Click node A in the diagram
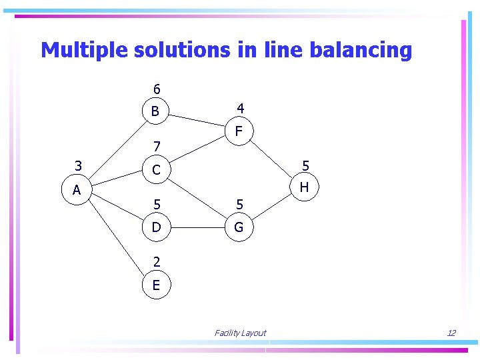coord(77,190)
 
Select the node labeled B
coord(155,111)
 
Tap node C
coord(156,170)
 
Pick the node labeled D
coord(156,227)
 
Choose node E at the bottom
coord(156,285)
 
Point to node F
coord(239,133)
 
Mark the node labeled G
coord(239,227)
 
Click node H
coord(304,187)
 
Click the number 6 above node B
coord(157,89)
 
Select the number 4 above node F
coord(240,108)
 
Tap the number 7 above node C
coord(156,146)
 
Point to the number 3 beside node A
coord(79,166)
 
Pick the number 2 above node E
coord(156,262)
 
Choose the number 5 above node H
coord(305,165)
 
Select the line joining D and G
coord(197,228)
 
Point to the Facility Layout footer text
coord(240,333)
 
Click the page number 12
coord(451,333)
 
